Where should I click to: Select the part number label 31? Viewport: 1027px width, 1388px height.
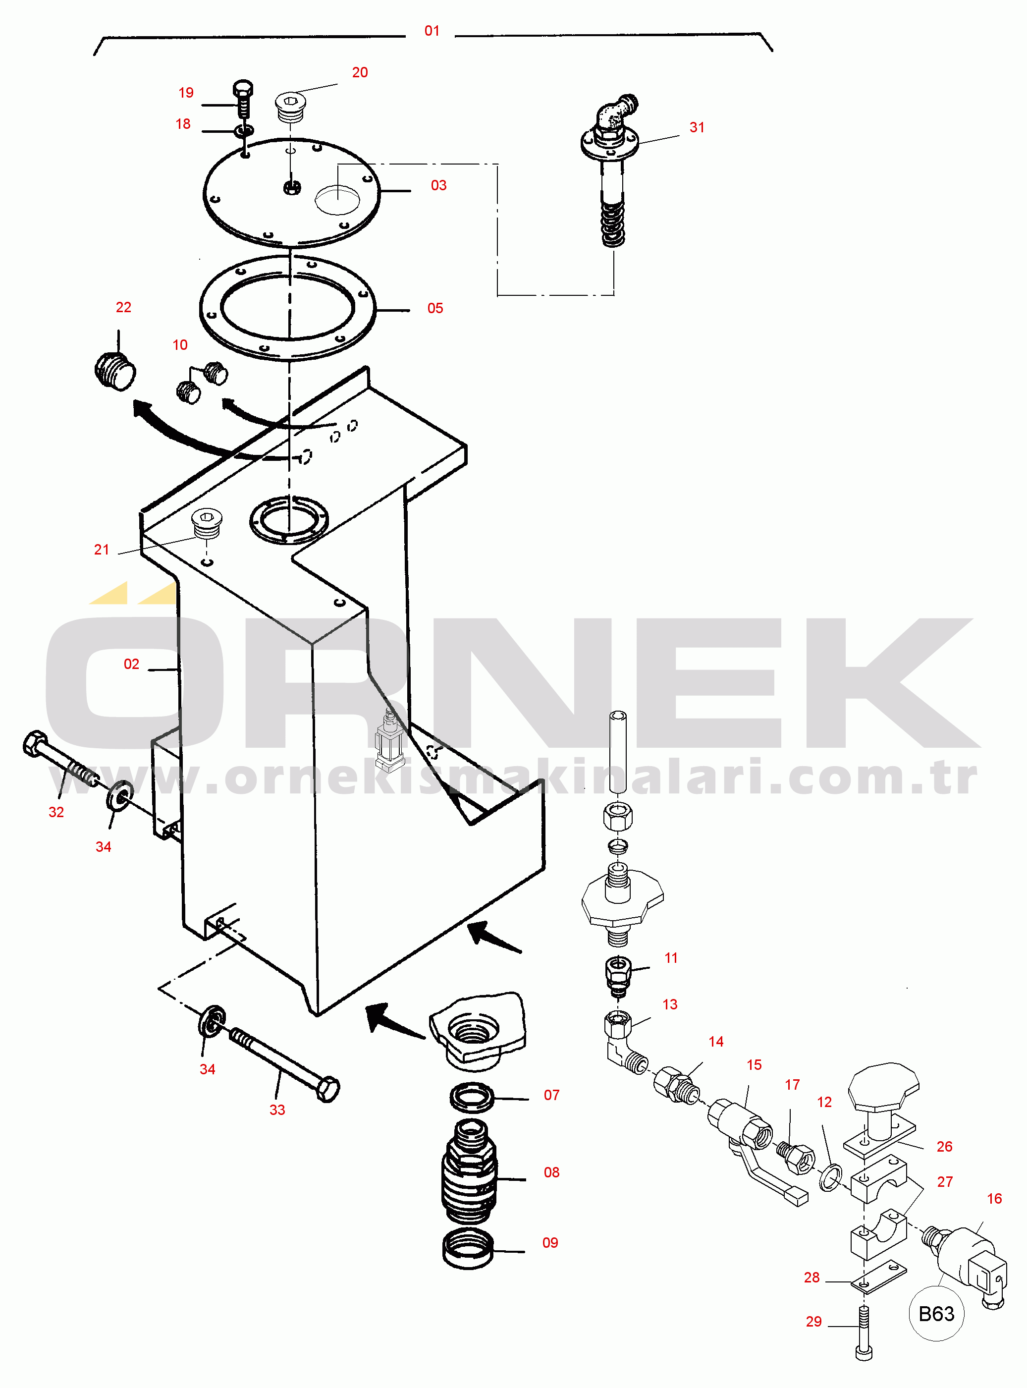pos(697,127)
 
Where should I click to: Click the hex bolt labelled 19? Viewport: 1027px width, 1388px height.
pos(243,98)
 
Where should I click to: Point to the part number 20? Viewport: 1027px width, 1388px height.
pos(360,73)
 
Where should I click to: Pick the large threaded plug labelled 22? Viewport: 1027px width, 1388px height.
pos(115,371)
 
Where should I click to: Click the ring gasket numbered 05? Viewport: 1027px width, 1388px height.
pos(288,307)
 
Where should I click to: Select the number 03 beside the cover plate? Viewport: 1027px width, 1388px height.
pos(438,185)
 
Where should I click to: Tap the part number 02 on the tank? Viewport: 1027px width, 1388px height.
pos(131,664)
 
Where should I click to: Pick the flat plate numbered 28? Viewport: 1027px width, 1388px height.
pos(878,1276)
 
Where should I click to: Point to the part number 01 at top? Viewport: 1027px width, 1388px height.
pos(432,31)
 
